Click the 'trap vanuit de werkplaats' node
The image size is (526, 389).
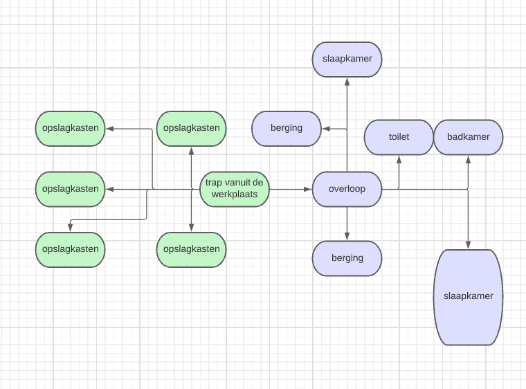click(235, 188)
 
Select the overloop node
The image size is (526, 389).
click(347, 188)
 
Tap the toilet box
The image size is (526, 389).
click(399, 136)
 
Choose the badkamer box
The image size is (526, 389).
click(468, 136)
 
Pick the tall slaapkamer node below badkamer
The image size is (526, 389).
click(468, 296)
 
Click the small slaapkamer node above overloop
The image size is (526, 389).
click(347, 59)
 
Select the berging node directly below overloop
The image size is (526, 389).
click(347, 258)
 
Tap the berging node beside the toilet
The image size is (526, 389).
click(287, 128)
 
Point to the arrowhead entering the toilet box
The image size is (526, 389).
click(399, 159)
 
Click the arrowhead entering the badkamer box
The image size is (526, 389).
click(469, 159)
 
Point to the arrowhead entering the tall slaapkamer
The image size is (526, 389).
click(469, 245)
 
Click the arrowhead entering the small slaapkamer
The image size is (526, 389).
click(347, 80)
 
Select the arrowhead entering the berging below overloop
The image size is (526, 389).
click(347, 237)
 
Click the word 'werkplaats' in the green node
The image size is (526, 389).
click(235, 194)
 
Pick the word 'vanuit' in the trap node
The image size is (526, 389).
click(238, 183)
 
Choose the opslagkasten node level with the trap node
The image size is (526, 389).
click(70, 188)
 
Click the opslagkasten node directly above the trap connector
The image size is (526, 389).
click(192, 128)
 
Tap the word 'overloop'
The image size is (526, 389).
click(347, 188)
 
